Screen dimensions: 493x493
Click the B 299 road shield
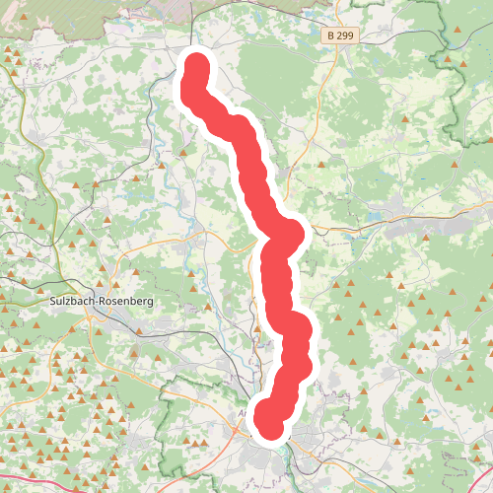339,35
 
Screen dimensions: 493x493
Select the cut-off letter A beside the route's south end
243,415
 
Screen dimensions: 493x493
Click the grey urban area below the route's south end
296,444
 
